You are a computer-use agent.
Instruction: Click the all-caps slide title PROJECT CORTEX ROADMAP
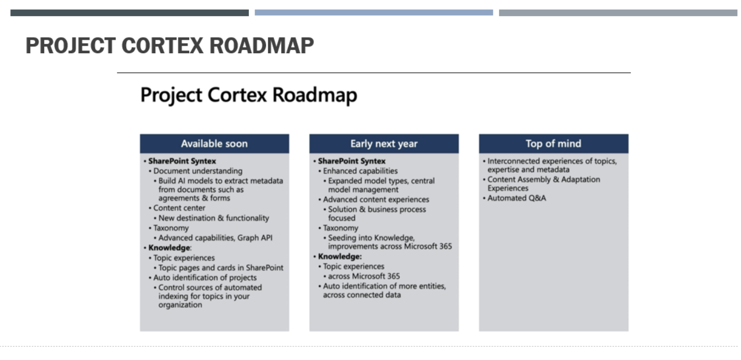point(169,46)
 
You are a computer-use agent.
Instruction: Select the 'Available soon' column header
point(214,143)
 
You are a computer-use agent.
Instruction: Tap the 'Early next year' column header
point(384,143)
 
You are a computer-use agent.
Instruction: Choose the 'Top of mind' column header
point(553,143)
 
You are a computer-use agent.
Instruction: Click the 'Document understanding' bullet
point(197,171)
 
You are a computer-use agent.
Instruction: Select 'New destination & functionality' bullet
point(213,218)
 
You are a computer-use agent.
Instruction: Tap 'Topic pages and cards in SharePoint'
point(220,268)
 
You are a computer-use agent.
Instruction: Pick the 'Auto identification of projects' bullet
point(205,278)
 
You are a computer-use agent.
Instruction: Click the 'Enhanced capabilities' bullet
point(360,171)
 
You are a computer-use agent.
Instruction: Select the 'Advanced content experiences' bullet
point(376,199)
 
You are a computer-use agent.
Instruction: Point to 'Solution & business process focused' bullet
point(376,213)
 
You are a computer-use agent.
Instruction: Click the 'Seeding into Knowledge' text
point(371,237)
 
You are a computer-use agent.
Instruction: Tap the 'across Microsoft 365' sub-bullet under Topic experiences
point(364,276)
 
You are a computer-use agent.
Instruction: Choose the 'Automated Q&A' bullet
point(516,198)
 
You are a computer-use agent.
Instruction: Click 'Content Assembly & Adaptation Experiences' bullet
point(543,184)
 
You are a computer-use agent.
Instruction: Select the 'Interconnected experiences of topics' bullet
point(551,165)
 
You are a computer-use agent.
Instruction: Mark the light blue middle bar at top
point(373,12)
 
